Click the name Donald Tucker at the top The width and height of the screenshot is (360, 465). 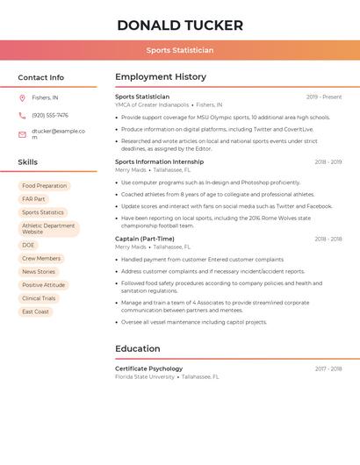pyautogui.click(x=180, y=25)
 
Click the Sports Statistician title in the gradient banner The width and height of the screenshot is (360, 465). pyautogui.click(x=180, y=51)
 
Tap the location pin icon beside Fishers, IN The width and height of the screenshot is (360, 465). pyautogui.click(x=22, y=98)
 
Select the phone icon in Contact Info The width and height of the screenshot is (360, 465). pyautogui.click(x=22, y=116)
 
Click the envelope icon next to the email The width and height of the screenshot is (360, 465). pyautogui.click(x=22, y=134)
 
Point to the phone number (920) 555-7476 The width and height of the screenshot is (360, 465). pyautogui.click(x=50, y=116)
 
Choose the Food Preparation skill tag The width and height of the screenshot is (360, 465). pyautogui.click(x=45, y=186)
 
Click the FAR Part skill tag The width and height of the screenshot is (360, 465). pyautogui.click(x=33, y=199)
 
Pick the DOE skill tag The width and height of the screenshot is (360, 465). pyautogui.click(x=28, y=246)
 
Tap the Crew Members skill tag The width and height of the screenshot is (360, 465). pyautogui.click(x=41, y=259)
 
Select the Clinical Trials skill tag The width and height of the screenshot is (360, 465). pyautogui.click(x=39, y=298)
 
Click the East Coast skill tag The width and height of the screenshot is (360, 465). pyautogui.click(x=36, y=311)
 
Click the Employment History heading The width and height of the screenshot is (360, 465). pyautogui.click(x=161, y=77)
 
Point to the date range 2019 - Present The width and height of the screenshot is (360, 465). pyautogui.click(x=324, y=97)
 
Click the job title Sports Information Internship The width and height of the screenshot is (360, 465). pyautogui.click(x=159, y=162)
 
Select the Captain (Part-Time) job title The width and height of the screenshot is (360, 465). pyautogui.click(x=145, y=239)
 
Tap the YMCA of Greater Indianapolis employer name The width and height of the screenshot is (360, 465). pyautogui.click(x=152, y=104)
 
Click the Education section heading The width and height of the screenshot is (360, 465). pyautogui.click(x=138, y=348)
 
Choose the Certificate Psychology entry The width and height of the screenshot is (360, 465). pyautogui.click(x=149, y=368)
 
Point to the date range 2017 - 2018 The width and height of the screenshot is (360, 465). pyautogui.click(x=328, y=368)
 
